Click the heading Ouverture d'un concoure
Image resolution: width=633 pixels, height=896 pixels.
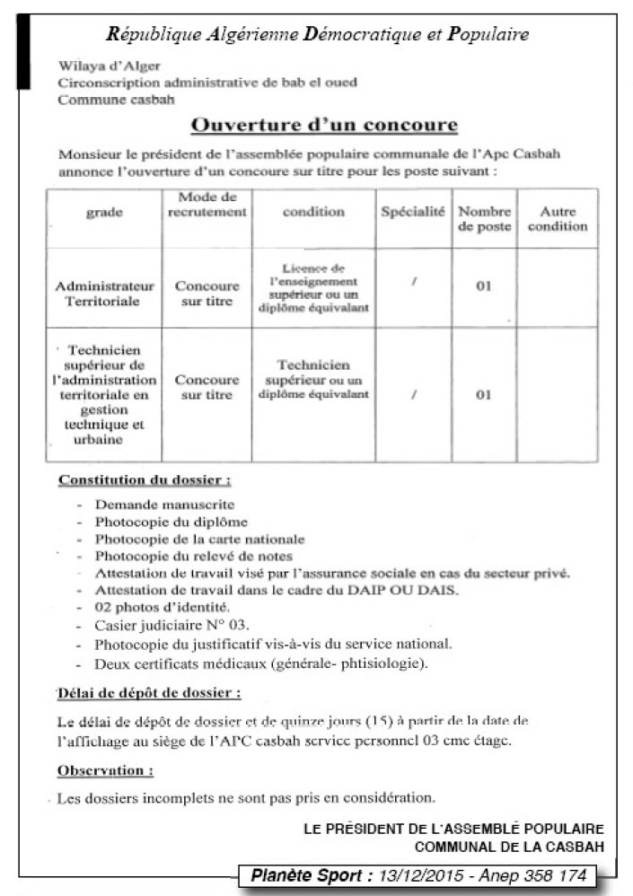pos(325,124)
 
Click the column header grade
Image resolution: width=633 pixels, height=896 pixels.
pos(104,213)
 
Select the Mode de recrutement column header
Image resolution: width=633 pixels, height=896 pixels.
pos(207,205)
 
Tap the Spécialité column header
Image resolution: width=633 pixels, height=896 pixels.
pos(412,212)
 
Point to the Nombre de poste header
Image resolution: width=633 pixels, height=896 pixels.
pos(485,220)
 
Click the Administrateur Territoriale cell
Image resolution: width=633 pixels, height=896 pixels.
pos(104,294)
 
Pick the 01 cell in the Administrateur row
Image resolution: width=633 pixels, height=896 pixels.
pos(485,287)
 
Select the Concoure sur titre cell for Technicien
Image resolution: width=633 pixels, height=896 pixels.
pos(207,387)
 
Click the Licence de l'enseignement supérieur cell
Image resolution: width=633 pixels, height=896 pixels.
pos(312,287)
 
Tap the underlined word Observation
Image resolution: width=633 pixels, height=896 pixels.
pos(104,770)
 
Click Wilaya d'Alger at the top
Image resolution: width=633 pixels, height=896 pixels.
pos(96,66)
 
